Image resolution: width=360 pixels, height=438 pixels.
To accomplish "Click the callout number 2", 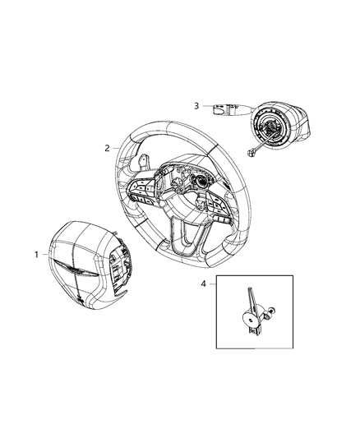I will point(107,149).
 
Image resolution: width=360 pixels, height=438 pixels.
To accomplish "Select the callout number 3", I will point(196,105).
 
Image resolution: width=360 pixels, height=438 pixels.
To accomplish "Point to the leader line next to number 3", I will point(205,105).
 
